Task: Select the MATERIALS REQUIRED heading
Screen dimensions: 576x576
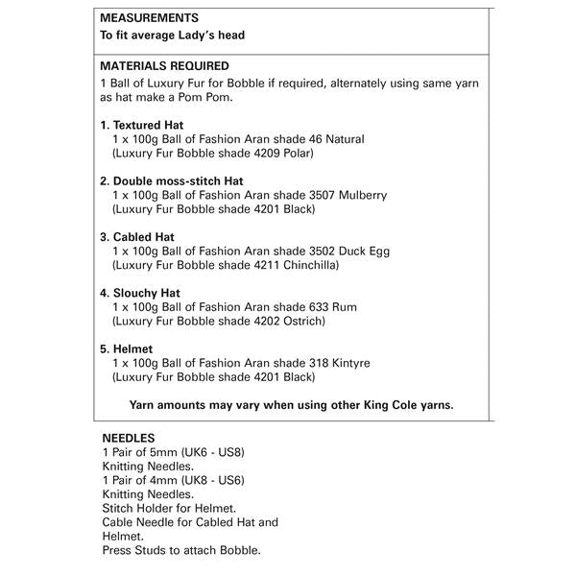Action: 164,66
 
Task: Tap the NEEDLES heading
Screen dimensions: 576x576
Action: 129,438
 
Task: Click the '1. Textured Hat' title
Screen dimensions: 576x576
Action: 142,125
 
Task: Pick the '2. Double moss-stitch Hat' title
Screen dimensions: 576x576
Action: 172,180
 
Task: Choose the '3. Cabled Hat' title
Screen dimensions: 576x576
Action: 137,236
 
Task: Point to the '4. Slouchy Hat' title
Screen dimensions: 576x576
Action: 140,293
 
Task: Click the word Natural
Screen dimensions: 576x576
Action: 344,139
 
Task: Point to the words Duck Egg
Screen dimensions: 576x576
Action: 362,251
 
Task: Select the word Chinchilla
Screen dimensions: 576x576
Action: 309,264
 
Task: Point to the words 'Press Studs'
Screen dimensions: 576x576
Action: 134,550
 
